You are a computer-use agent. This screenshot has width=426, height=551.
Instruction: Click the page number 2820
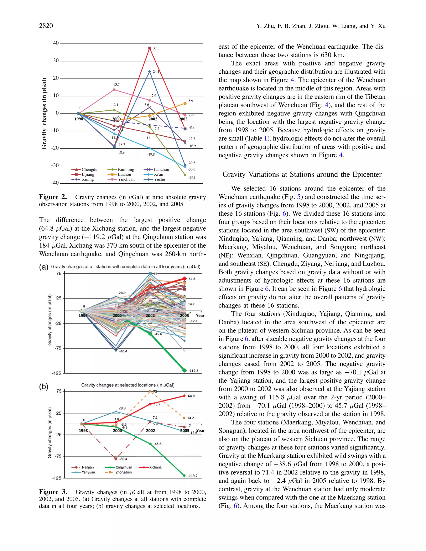[x=46, y=26]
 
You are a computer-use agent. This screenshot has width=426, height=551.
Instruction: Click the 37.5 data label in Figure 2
[x=156, y=48]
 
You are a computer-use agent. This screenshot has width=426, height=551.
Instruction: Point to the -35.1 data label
[x=192, y=178]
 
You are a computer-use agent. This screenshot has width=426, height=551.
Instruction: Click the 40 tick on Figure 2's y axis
[x=56, y=43]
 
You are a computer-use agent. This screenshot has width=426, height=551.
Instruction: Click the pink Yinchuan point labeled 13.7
[x=114, y=90]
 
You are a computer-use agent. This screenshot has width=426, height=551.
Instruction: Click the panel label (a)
[x=43, y=267]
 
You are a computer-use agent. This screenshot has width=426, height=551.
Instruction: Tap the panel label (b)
[x=43, y=387]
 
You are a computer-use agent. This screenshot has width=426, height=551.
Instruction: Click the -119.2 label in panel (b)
[x=193, y=476]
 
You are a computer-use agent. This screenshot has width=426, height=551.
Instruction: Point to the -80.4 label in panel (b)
[x=123, y=459]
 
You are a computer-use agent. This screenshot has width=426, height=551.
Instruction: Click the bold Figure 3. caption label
[x=53, y=492]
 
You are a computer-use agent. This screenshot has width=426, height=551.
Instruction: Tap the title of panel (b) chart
[x=128, y=385]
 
